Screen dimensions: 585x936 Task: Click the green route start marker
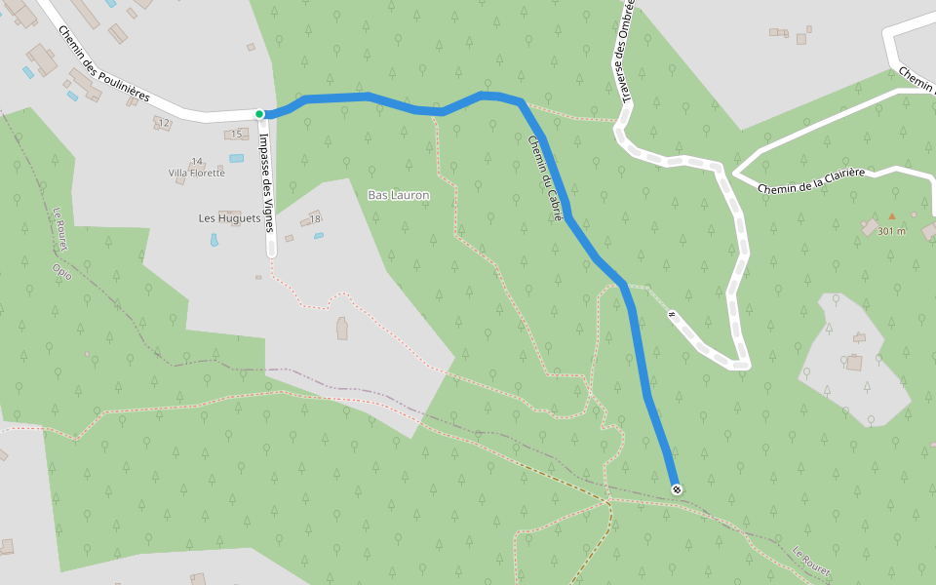(x=259, y=114)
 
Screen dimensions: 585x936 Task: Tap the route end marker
(x=676, y=488)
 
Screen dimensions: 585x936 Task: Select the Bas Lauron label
(x=399, y=195)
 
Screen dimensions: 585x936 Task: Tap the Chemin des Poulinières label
(x=103, y=64)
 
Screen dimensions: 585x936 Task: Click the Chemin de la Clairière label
(x=811, y=180)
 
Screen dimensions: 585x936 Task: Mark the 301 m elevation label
(x=891, y=231)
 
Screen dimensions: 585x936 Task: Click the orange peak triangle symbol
(x=891, y=216)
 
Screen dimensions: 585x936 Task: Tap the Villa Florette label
(x=196, y=173)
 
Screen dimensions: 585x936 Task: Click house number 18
(x=316, y=219)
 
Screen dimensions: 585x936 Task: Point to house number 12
(x=164, y=123)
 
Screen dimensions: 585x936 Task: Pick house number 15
(x=235, y=134)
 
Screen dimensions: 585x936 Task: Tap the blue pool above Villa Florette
(x=237, y=157)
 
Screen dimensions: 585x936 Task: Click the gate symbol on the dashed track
(x=672, y=314)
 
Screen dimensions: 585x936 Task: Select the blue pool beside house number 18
(x=318, y=235)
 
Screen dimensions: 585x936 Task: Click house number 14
(x=197, y=161)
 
